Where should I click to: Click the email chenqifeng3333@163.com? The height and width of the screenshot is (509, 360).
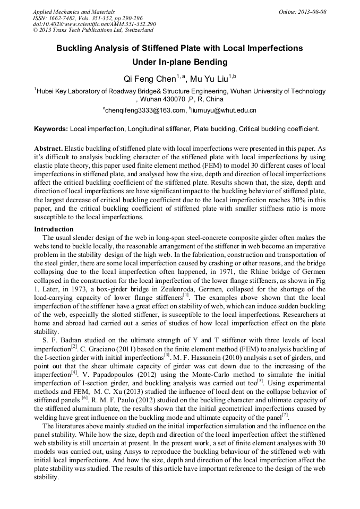pos(143,110)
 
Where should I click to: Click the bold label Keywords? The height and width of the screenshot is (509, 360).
pos(50,129)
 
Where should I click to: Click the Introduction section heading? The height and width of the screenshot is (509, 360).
pos(54,229)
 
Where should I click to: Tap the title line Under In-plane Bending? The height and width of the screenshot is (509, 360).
pos(179,62)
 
